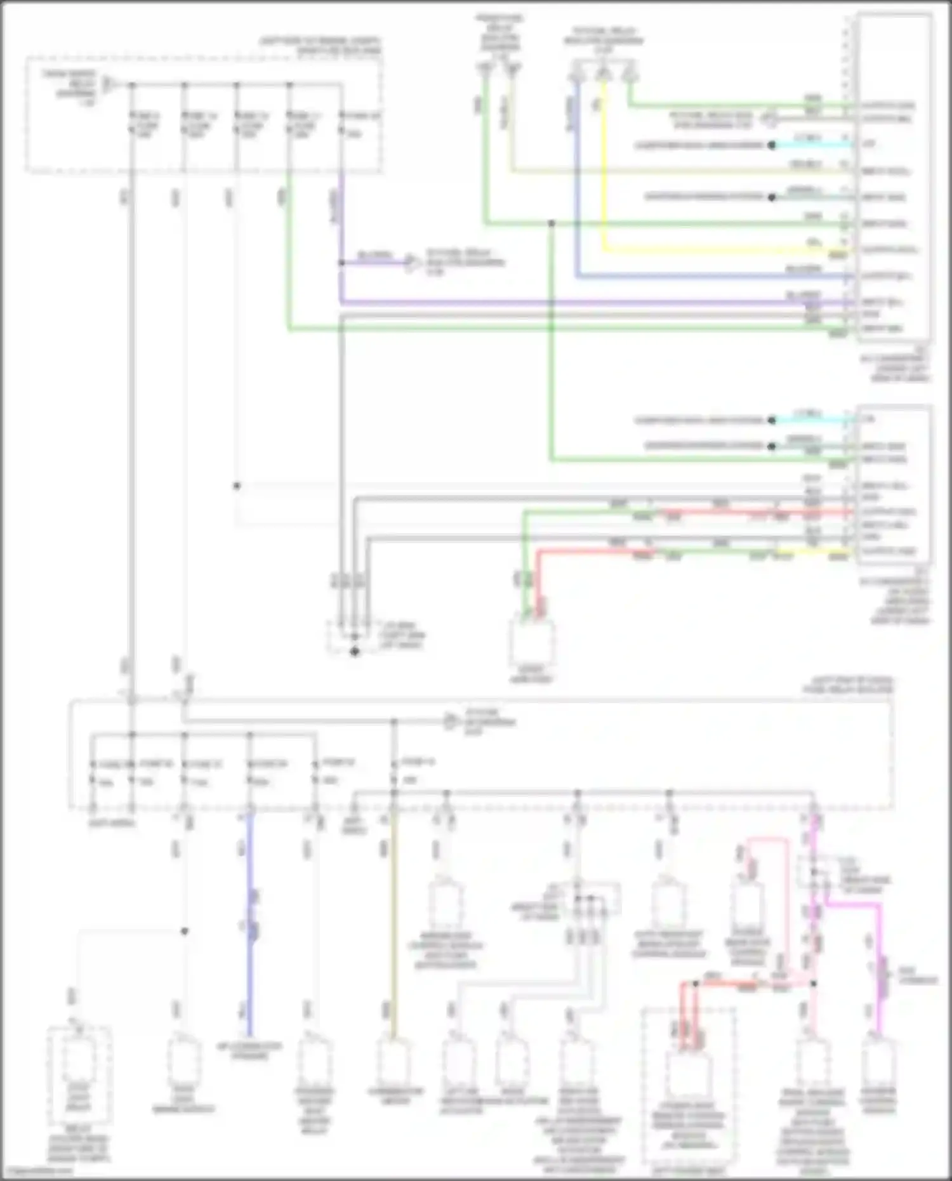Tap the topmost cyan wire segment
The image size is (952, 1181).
tap(812, 145)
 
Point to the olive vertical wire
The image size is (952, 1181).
tap(393, 920)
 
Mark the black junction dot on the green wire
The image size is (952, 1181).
tap(552, 223)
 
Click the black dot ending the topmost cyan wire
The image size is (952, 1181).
tap(772, 145)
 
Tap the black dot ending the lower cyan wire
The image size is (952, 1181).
tap(772, 420)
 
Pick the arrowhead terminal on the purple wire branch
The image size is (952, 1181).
tap(411, 262)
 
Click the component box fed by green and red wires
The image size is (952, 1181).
tap(532, 641)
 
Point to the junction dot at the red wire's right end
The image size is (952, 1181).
tap(814, 983)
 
